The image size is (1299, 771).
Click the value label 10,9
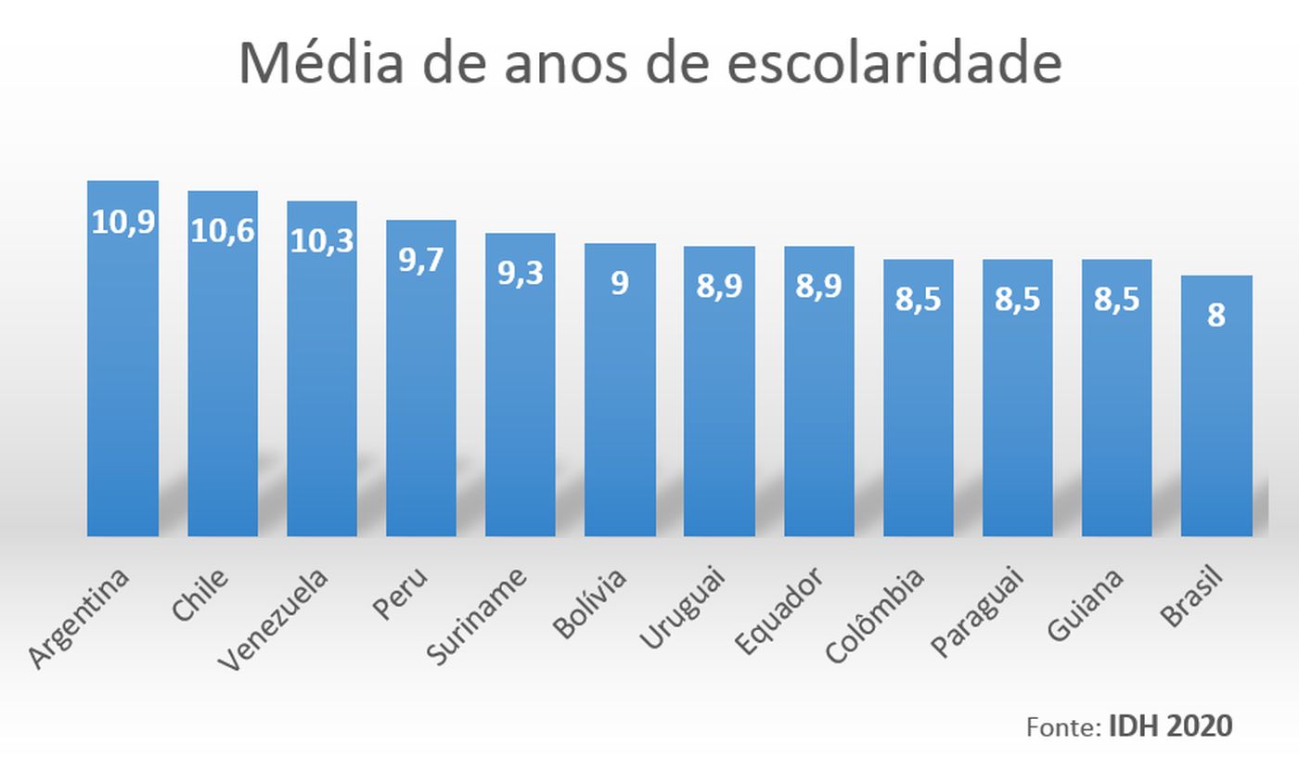(x=122, y=223)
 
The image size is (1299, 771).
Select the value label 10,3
(x=322, y=241)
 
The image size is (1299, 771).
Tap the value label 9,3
(x=521, y=274)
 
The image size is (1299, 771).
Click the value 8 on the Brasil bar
(x=1216, y=315)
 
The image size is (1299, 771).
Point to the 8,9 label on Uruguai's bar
(x=719, y=287)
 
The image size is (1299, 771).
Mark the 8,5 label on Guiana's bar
(x=1117, y=300)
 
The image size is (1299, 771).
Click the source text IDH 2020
(x=1170, y=726)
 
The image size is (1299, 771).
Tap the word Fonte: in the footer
(x=1063, y=726)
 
